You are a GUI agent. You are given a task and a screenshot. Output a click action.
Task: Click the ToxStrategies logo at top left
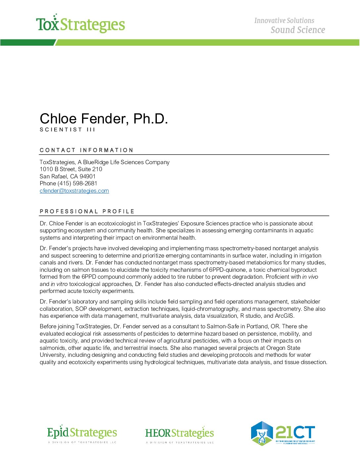tap(80, 24)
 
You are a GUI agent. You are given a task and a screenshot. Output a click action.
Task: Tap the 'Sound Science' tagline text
tap(297, 30)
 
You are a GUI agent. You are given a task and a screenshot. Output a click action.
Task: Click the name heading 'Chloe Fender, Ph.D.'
tap(104, 119)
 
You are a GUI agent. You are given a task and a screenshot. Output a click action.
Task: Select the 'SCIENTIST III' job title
tap(67, 130)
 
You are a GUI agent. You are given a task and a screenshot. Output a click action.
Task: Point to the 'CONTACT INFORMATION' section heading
tap(86, 150)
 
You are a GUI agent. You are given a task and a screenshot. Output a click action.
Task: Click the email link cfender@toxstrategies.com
tap(74, 191)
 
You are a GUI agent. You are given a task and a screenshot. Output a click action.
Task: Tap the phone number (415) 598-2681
tap(77, 183)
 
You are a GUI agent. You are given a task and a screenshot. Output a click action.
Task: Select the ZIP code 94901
tap(87, 176)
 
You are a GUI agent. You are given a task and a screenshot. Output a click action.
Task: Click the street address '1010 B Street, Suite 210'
tap(71, 169)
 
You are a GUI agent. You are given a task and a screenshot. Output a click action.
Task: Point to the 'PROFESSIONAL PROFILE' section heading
tap(87, 211)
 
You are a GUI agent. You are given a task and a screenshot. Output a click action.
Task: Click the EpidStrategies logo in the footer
tap(82, 433)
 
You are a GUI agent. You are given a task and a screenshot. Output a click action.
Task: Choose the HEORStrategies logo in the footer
tap(179, 434)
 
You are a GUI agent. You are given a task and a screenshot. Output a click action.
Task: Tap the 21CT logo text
tap(295, 432)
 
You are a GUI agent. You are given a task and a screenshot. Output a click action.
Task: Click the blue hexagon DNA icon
tap(262, 433)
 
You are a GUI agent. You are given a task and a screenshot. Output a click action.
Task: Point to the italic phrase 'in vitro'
tap(59, 284)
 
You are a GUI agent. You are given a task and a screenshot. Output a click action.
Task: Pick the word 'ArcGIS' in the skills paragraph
tap(284, 316)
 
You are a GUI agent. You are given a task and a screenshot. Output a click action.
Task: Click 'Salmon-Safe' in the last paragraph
tap(223, 326)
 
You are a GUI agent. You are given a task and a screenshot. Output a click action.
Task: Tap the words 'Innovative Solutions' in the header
tap(284, 21)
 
